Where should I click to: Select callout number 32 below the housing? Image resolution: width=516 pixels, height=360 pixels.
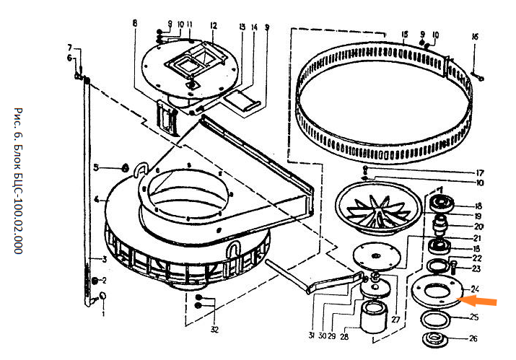pyautogui.click(x=215, y=330)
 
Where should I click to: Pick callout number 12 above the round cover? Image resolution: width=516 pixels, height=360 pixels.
pyautogui.click(x=214, y=26)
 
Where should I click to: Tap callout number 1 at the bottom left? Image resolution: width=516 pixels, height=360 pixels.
pyautogui.click(x=102, y=314)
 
